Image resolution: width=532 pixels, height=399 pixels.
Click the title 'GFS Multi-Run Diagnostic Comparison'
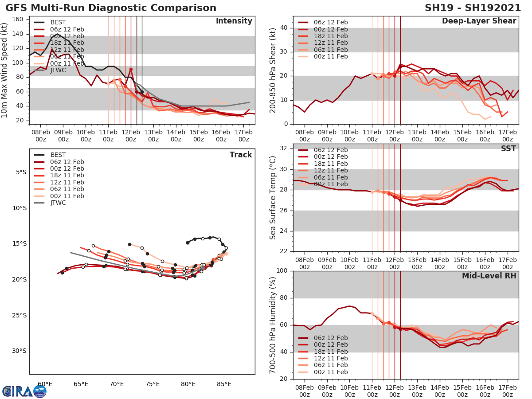click(x=111, y=8)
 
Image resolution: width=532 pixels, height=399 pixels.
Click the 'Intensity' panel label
click(x=234, y=21)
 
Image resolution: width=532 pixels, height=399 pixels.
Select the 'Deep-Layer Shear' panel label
click(x=479, y=21)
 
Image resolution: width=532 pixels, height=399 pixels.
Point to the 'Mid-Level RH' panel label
click(x=489, y=276)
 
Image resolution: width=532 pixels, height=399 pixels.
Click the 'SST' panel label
click(x=509, y=149)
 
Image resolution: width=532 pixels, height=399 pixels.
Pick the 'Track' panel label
click(x=241, y=155)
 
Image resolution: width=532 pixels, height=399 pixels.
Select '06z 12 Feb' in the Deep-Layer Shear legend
click(x=330, y=22)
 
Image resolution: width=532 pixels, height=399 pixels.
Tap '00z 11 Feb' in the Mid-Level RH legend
click(x=330, y=372)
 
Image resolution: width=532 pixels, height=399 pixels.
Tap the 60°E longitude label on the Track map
click(x=45, y=384)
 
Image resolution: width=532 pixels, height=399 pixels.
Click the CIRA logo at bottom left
click(x=24, y=391)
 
